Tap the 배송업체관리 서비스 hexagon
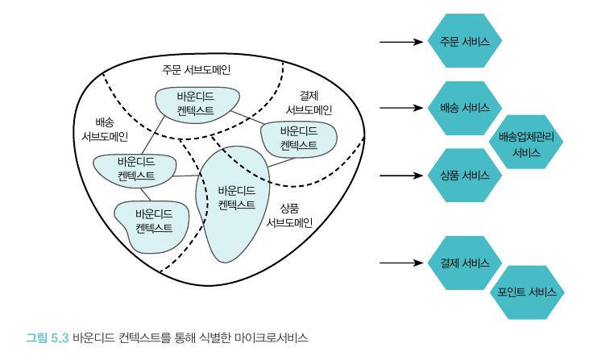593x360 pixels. point(526,144)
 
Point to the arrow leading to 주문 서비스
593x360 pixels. point(400,41)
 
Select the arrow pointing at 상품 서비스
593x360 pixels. point(400,176)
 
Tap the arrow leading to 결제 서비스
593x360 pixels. point(400,263)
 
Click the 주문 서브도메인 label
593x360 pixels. point(196,68)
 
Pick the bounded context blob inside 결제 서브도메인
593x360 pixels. point(299,139)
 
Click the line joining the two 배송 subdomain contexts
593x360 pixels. point(146,193)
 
